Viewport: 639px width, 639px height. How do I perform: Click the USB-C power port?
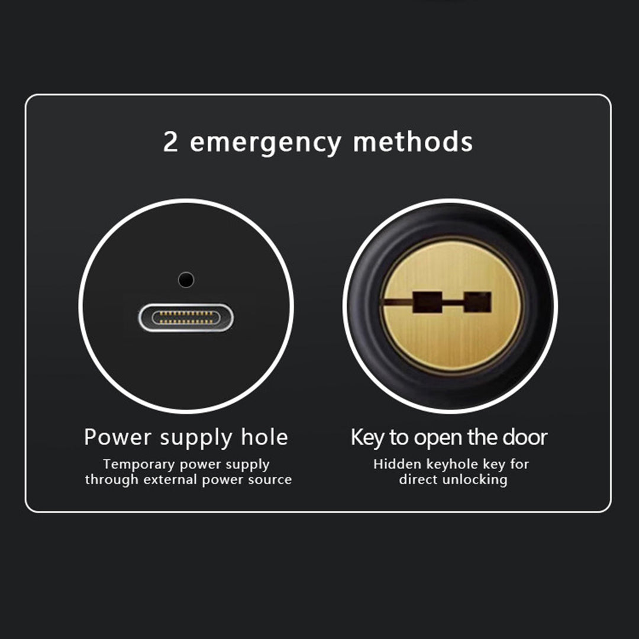(x=186, y=317)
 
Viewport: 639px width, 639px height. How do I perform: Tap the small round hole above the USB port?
(x=186, y=279)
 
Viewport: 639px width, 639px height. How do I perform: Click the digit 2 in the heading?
(x=170, y=143)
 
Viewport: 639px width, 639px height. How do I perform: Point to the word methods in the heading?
(x=412, y=143)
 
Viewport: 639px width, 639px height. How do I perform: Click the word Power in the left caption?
(x=117, y=438)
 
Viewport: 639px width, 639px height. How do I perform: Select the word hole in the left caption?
(x=264, y=437)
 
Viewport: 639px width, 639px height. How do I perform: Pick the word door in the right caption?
(x=525, y=437)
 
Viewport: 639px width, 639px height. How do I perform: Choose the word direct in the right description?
(x=417, y=479)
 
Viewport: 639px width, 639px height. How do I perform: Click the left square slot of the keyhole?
(x=427, y=302)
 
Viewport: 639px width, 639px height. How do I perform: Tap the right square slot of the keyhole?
(x=477, y=302)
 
